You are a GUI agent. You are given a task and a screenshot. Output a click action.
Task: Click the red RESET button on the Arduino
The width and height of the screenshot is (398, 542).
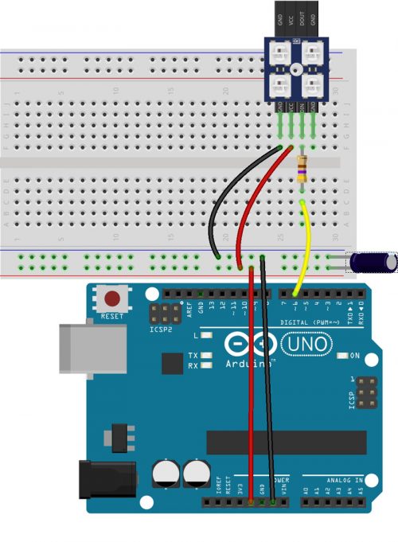pos(113,299)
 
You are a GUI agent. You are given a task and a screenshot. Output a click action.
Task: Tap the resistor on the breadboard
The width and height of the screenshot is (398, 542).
pos(302,170)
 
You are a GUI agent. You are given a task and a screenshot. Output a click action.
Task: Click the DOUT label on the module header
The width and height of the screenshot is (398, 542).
pos(303,17)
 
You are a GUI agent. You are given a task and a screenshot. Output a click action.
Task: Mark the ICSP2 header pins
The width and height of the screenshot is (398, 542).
pos(165,313)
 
